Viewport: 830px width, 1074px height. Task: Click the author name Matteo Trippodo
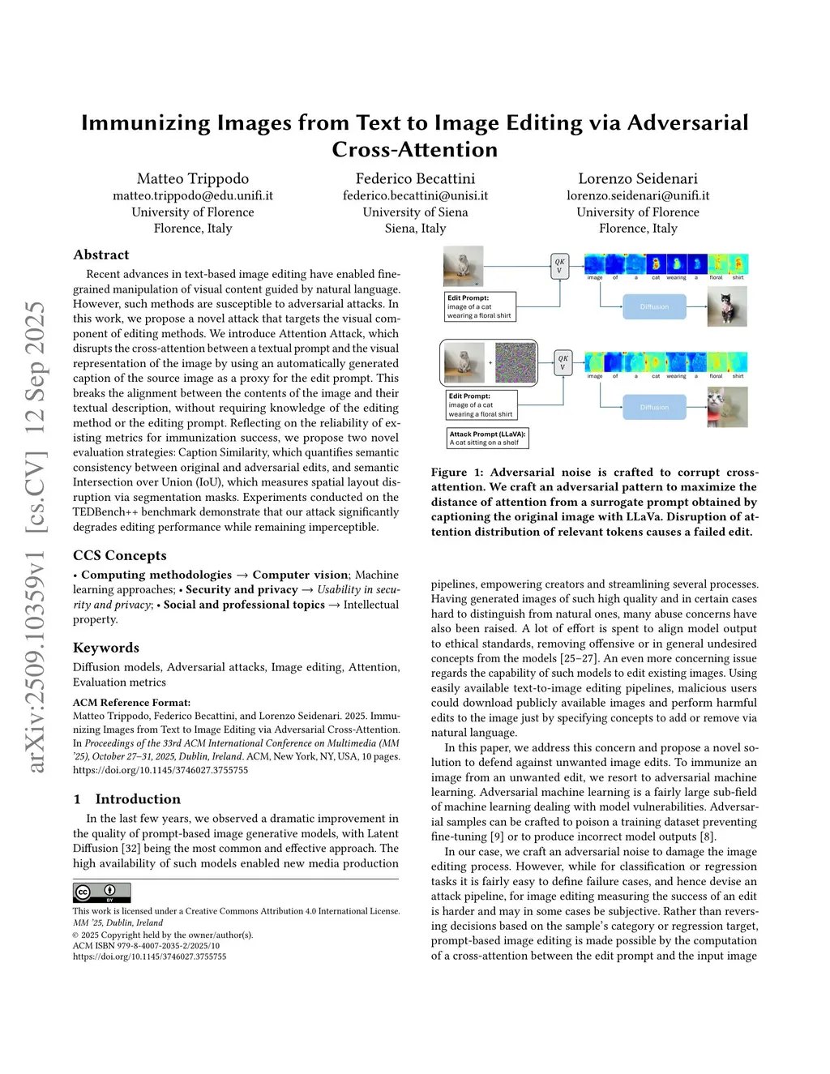click(x=193, y=178)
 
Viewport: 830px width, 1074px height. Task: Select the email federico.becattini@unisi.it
click(x=415, y=195)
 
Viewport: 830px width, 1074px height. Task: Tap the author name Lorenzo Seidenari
click(x=637, y=178)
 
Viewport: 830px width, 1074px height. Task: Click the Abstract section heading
click(x=101, y=255)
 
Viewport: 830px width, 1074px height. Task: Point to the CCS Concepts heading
click(x=120, y=555)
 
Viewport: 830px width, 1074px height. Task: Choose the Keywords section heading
click(x=106, y=648)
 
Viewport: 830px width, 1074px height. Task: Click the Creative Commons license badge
click(x=101, y=892)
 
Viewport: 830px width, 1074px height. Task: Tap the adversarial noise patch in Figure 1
click(x=516, y=362)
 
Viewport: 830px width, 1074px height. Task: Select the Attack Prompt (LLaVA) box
click(x=488, y=439)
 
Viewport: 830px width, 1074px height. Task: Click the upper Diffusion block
click(x=654, y=306)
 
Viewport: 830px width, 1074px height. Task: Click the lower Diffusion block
click(x=654, y=407)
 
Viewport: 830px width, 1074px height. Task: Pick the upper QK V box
click(x=559, y=266)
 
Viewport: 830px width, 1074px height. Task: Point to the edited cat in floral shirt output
click(x=727, y=307)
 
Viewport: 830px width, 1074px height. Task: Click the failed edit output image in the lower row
click(x=727, y=407)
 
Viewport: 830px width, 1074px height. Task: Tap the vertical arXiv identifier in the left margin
click(x=36, y=535)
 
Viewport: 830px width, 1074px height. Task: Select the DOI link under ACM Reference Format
click(x=160, y=771)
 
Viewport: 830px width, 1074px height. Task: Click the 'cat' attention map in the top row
click(x=656, y=264)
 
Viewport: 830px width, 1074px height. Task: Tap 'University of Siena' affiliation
click(x=415, y=212)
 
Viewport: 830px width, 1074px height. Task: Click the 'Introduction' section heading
click(x=138, y=799)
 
